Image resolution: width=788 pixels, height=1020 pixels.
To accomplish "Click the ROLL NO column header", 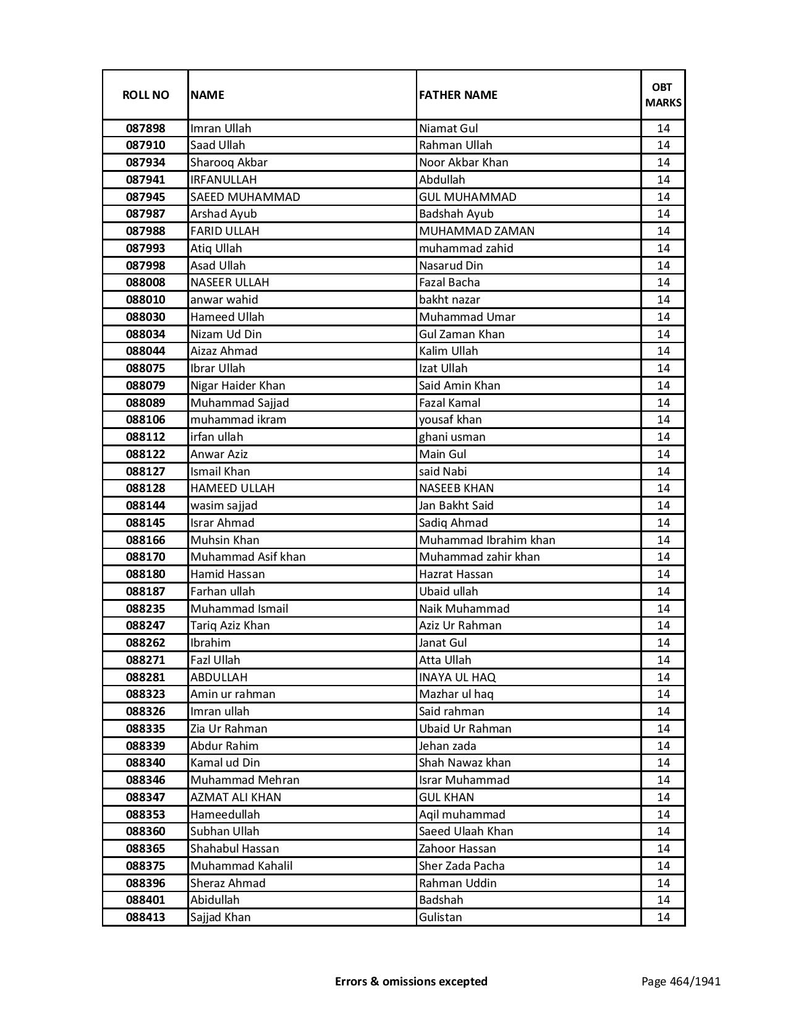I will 145,95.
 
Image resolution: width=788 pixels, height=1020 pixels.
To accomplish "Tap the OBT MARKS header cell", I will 663,95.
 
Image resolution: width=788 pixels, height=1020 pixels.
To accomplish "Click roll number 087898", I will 145,129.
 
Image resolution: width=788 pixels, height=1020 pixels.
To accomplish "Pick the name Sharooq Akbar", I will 229,163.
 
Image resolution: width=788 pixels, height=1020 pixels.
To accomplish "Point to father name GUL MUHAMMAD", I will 467,197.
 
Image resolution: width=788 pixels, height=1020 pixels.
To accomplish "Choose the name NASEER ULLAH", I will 229,283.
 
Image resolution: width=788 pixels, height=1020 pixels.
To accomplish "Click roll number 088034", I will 145,334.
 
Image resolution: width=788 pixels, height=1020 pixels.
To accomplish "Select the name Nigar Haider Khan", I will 237,386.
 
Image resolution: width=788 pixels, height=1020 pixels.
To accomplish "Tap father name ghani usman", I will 452,437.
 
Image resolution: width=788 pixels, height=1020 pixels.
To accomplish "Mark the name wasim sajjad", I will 224,506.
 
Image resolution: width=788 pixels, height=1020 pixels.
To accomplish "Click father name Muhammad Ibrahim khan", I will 487,540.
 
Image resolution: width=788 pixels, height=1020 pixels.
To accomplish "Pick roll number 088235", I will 145,609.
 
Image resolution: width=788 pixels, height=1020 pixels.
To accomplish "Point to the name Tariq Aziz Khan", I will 230,626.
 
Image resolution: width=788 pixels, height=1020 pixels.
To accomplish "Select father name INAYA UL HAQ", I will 457,678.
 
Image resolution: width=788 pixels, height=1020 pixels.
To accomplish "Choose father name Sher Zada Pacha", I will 461,866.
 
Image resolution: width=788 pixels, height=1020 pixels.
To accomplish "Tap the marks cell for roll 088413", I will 663,917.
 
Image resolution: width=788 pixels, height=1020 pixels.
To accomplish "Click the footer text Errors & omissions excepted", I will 411,981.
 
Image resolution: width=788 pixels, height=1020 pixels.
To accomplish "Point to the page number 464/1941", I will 680,981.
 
